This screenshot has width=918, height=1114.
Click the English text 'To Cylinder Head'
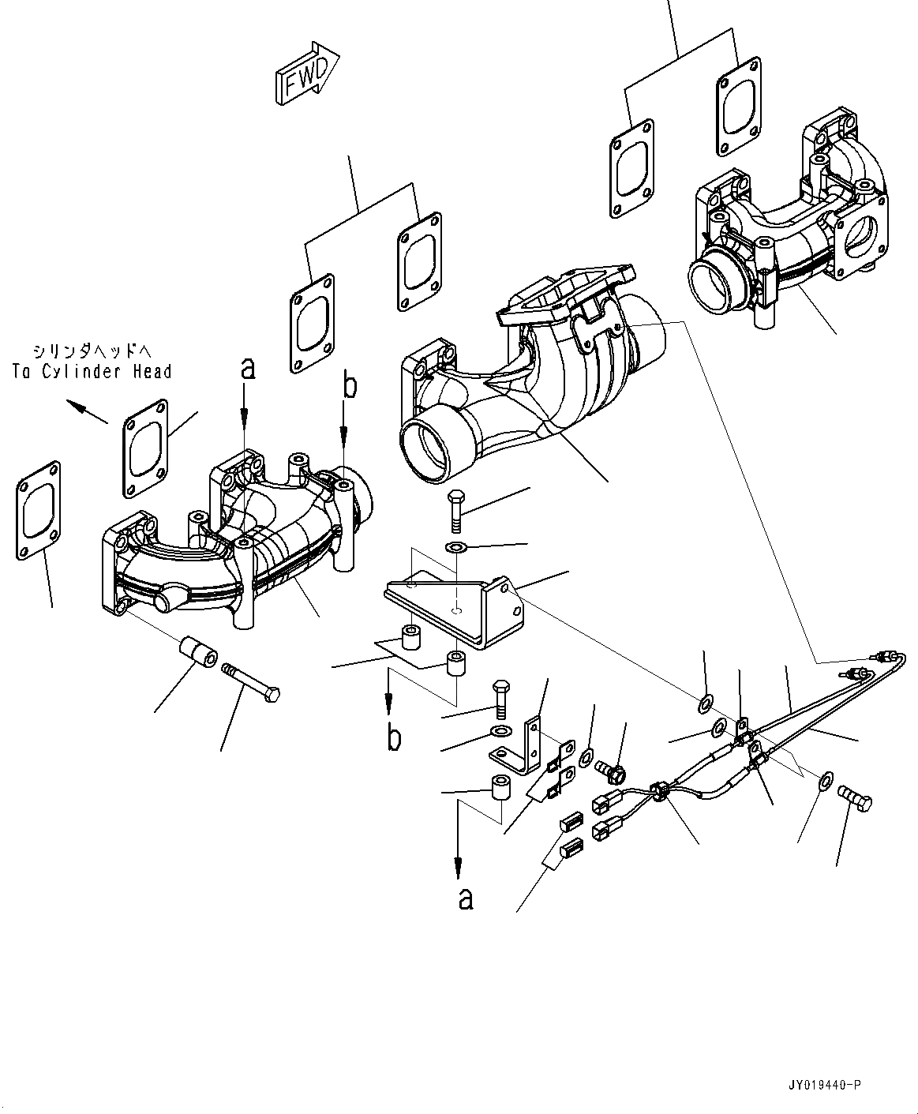click(92, 371)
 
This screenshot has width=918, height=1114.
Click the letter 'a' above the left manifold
click(248, 368)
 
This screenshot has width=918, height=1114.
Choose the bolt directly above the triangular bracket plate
click(456, 511)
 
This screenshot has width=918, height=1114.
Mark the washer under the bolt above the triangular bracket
click(456, 548)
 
